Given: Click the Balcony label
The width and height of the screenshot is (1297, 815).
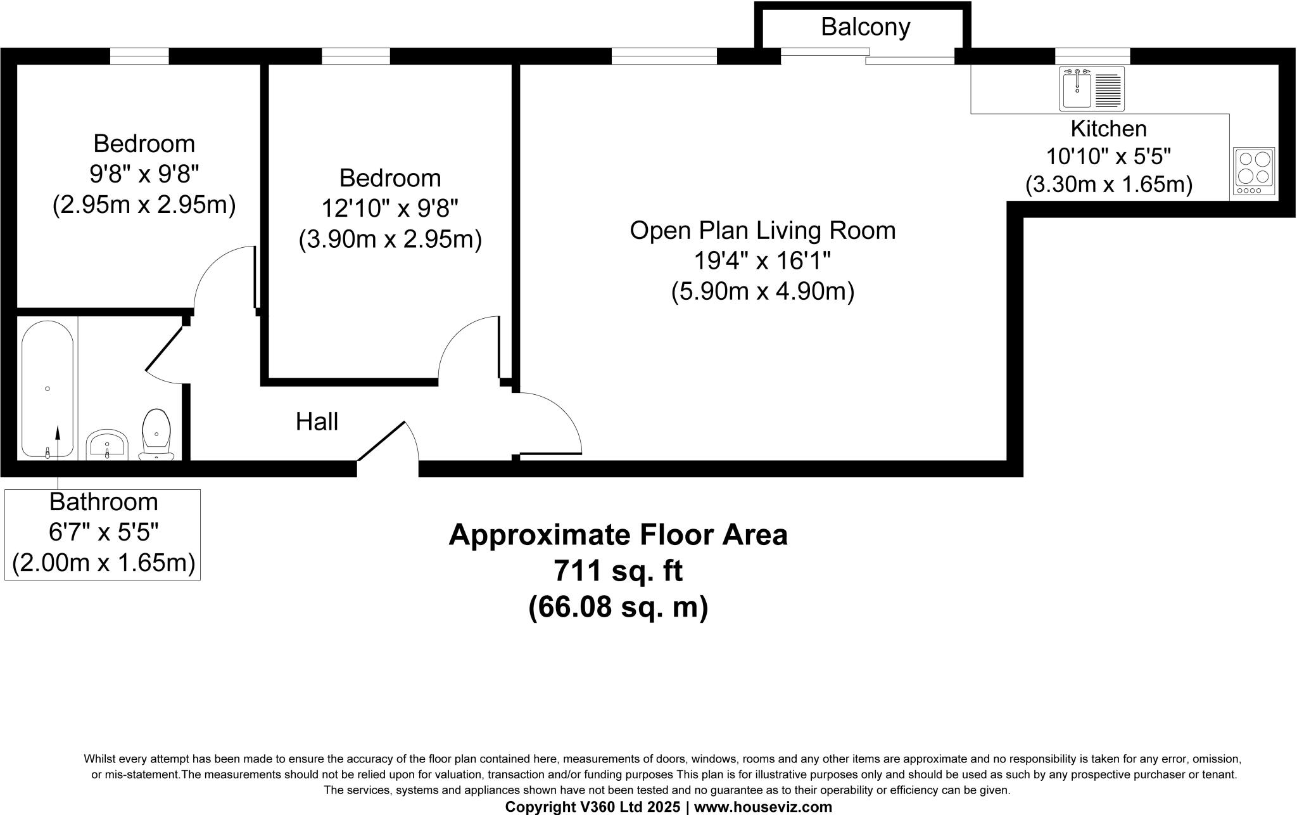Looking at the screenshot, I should (x=865, y=27).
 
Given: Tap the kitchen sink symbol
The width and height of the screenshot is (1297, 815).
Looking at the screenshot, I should (x=1092, y=89).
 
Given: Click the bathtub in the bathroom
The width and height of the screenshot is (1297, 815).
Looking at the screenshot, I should (x=47, y=388).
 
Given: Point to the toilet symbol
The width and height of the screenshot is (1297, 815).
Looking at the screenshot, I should (x=156, y=435).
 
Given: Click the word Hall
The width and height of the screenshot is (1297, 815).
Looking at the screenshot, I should (x=317, y=421).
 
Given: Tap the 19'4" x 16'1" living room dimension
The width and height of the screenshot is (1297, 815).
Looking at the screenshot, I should (x=762, y=260).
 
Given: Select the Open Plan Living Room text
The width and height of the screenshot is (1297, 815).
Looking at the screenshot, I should (x=762, y=230).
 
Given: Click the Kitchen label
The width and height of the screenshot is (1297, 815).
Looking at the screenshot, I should (x=1108, y=129).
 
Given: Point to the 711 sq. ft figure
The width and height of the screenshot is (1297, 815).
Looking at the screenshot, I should (x=618, y=571).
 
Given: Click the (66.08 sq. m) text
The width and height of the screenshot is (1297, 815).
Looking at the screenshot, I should (x=618, y=607).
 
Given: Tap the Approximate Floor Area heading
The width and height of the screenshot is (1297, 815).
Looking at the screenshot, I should (x=618, y=535).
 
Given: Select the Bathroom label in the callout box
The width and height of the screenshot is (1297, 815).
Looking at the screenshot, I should (x=103, y=502).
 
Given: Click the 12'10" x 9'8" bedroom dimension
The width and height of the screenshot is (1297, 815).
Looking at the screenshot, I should (x=390, y=208).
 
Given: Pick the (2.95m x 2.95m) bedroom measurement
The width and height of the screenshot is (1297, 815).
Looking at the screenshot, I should (x=144, y=205).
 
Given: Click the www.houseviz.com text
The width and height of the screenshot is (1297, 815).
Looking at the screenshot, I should (x=763, y=807).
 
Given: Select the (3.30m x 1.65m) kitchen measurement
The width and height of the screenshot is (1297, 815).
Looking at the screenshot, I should (x=1108, y=184).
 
